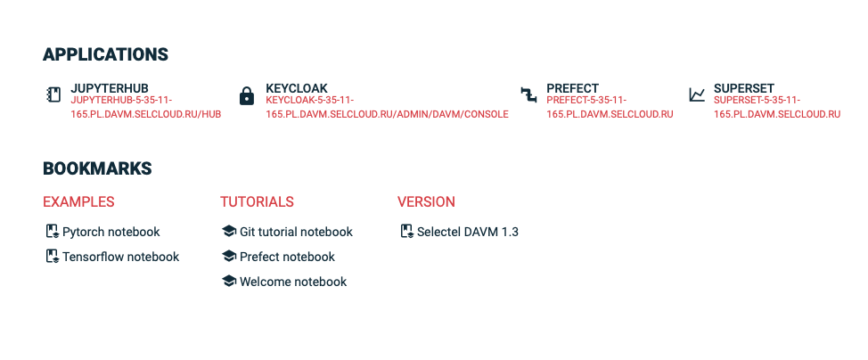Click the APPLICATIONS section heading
(105, 55)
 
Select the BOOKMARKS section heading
(97, 168)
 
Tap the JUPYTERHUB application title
(109, 88)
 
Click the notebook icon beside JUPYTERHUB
(53, 94)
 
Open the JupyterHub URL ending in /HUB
(145, 108)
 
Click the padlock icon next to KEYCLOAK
(246, 95)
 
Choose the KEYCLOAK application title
(296, 88)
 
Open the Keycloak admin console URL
(387, 108)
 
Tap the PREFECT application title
(572, 88)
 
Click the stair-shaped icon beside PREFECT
(528, 94)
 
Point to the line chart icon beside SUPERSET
(697, 94)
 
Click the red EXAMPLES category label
(78, 201)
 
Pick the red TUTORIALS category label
(257, 201)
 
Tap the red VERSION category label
(426, 201)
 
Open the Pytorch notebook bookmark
(111, 232)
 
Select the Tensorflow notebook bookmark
(120, 257)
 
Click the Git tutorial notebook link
(296, 232)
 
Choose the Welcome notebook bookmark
(293, 282)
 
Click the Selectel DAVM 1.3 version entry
(468, 232)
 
